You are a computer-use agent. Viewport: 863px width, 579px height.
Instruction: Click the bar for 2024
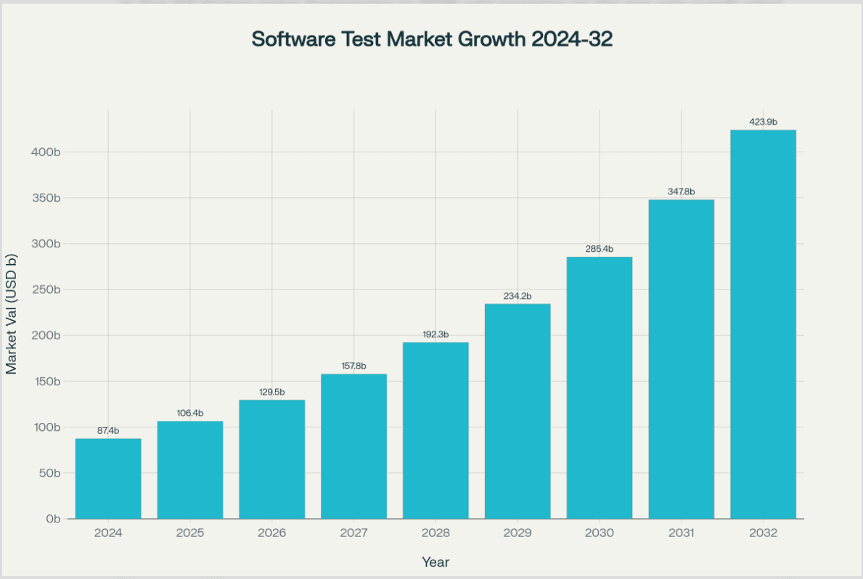tap(108, 479)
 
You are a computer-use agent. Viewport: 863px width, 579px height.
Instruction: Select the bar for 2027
tap(353, 446)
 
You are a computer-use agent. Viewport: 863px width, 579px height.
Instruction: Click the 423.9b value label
tap(763, 122)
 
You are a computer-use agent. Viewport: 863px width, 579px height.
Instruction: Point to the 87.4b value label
tap(108, 430)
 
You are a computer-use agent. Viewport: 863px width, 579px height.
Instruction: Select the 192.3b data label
tap(435, 334)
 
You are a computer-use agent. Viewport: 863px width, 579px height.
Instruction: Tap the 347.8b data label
tap(681, 192)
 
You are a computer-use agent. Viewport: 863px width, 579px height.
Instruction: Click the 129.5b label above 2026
tap(271, 392)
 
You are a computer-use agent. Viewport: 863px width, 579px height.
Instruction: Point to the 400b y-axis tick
tap(45, 152)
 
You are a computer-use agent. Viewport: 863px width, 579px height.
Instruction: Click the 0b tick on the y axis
tap(52, 519)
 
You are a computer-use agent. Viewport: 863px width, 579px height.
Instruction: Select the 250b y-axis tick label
tap(45, 289)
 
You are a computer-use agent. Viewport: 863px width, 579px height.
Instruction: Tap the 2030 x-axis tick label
tap(599, 533)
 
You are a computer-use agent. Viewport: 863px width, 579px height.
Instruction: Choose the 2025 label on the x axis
tap(189, 533)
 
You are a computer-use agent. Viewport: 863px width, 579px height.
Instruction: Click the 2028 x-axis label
tap(435, 533)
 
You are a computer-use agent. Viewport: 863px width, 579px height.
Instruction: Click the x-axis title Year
tap(435, 562)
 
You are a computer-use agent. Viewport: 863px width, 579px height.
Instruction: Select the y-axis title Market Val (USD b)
tap(12, 314)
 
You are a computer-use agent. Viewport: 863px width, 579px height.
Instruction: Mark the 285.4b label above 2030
tap(599, 249)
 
